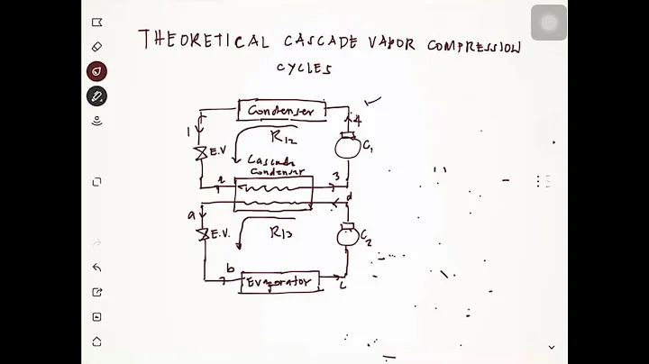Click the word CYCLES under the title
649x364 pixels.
tap(304, 68)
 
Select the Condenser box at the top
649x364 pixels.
tap(280, 111)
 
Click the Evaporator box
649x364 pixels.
tap(279, 282)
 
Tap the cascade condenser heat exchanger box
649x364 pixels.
tap(273, 193)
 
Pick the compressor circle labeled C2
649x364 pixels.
tap(347, 236)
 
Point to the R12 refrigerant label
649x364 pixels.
tap(282, 137)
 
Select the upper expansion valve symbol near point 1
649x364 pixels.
tap(202, 153)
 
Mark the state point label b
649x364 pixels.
tap(231, 269)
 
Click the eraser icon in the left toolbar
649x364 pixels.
tap(96, 47)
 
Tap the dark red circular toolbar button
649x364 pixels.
tap(96, 71)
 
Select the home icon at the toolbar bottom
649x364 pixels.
tap(96, 341)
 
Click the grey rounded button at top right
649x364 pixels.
tap(548, 23)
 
